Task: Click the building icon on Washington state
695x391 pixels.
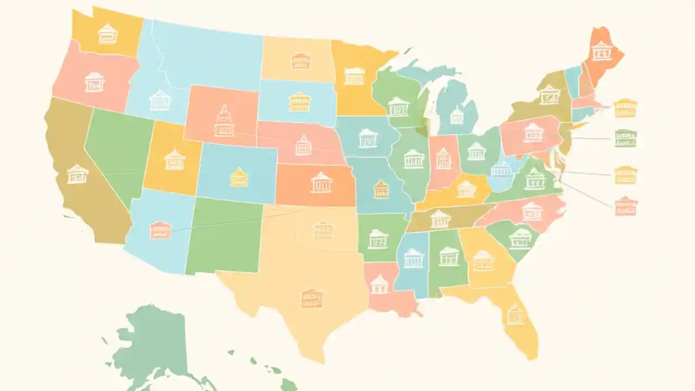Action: click(108, 34)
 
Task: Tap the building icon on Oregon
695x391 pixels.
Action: click(94, 82)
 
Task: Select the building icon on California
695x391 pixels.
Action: click(77, 174)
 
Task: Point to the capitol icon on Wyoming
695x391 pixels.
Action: click(224, 121)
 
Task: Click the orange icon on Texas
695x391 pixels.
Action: click(311, 298)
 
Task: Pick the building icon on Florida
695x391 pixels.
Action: click(515, 313)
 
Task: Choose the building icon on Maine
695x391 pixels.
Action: click(601, 51)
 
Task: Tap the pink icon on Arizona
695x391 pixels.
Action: click(161, 230)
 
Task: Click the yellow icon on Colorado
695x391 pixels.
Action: click(239, 177)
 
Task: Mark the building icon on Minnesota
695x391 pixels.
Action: click(354, 76)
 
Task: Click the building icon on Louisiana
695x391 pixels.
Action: click(380, 283)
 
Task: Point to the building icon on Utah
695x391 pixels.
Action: click(174, 159)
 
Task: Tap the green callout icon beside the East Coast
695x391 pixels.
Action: click(625, 138)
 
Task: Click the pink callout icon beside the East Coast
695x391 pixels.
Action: click(625, 206)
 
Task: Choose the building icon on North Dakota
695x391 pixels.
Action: click(300, 61)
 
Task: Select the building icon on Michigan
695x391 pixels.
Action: click(457, 115)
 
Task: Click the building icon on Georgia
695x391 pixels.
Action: click(483, 261)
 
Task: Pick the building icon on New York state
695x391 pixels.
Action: click(549, 94)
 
